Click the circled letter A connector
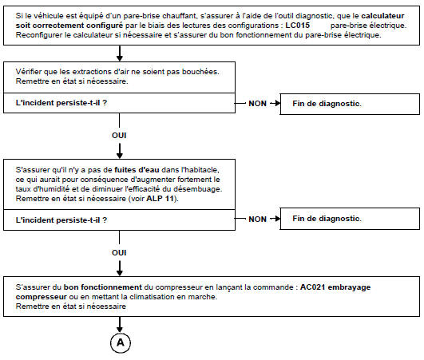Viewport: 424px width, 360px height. pos(119,341)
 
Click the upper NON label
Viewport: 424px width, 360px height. pos(257,105)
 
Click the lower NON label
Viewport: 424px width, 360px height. pos(257,219)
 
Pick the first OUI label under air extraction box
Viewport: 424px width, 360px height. pos(119,135)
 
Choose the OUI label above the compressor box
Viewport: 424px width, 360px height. pos(119,251)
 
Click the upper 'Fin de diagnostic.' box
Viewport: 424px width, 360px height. pos(347,105)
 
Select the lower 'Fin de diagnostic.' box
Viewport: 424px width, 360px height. pos(347,219)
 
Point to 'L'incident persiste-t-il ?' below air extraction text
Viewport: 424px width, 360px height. pos(61,105)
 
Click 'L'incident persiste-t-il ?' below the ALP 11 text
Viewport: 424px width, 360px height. pos(61,219)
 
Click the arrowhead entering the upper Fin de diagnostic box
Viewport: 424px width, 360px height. pos(274,105)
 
